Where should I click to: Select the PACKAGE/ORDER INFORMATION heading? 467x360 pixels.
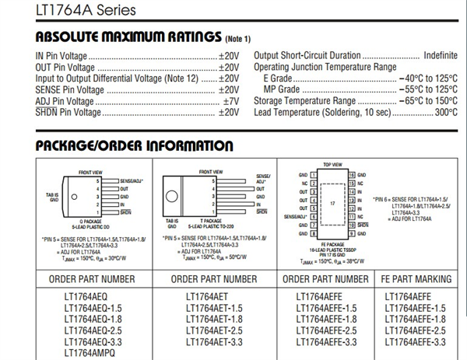pyautogui.click(x=134, y=146)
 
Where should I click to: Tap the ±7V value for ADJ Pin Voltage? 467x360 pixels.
pyautogui.click(x=230, y=101)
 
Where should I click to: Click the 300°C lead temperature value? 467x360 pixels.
pyautogui.click(x=446, y=113)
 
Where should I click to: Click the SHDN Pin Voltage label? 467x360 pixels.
pyautogui.click(x=68, y=113)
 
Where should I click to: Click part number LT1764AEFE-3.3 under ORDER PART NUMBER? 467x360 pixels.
pyautogui.click(x=326, y=341)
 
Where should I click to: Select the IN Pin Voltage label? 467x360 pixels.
pyautogui.click(x=61, y=56)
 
